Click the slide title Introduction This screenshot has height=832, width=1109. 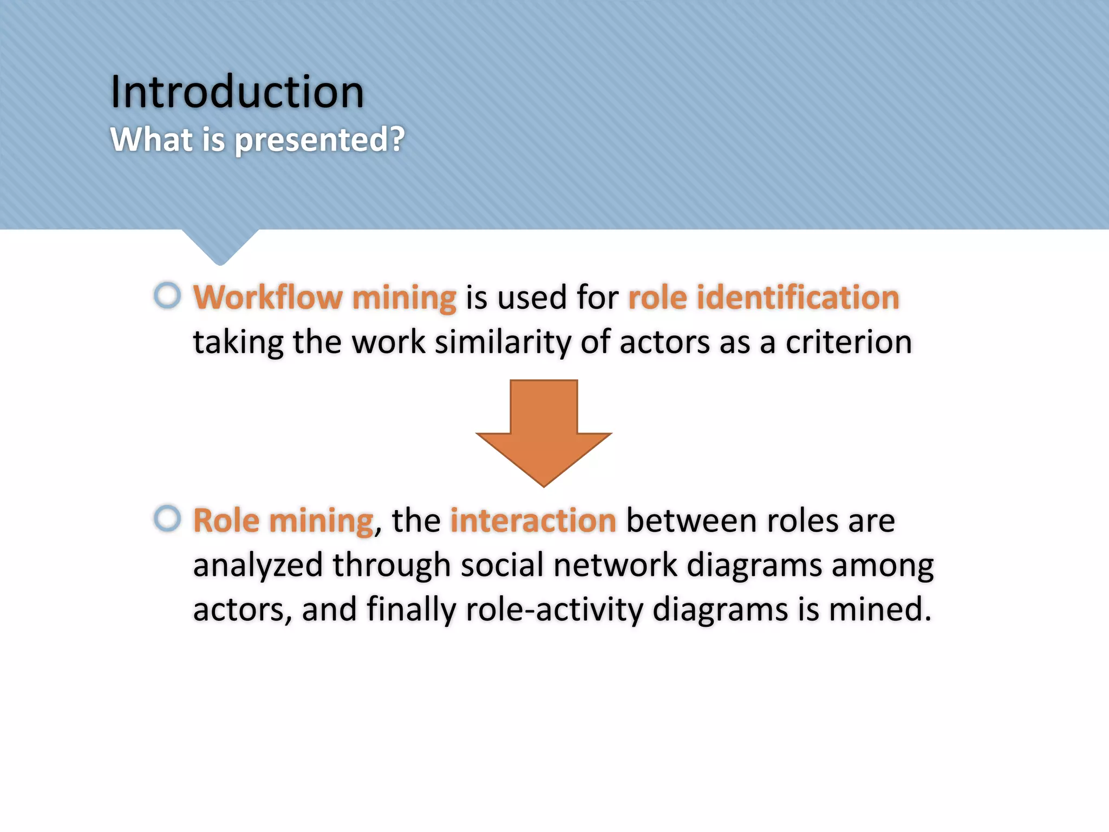pyautogui.click(x=237, y=92)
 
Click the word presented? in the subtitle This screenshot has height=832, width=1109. pyautogui.click(x=319, y=140)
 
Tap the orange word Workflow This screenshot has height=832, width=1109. pyautogui.click(x=268, y=297)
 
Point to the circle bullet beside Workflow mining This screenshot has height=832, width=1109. pyautogui.click(x=167, y=296)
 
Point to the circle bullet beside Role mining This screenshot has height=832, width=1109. pyautogui.click(x=167, y=518)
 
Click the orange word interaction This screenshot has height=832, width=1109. pyautogui.click(x=533, y=521)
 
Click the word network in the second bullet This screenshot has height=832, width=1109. pyautogui.click(x=615, y=565)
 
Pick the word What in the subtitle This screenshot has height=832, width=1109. pyautogui.click(x=151, y=140)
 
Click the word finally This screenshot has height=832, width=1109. pyautogui.click(x=412, y=609)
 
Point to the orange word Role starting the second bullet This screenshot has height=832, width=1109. pyautogui.click(x=226, y=521)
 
